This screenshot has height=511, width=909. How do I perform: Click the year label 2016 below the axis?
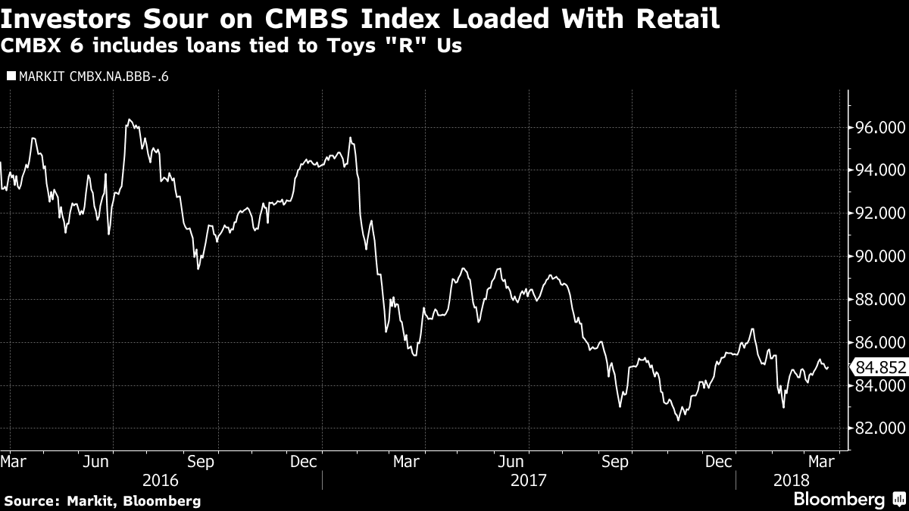click(x=161, y=480)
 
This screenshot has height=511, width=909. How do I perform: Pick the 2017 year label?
click(x=528, y=480)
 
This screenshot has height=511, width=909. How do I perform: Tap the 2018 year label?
click(x=791, y=480)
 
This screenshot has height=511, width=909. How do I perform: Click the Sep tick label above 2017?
click(x=614, y=462)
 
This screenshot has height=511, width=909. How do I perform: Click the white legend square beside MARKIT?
click(x=10, y=76)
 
